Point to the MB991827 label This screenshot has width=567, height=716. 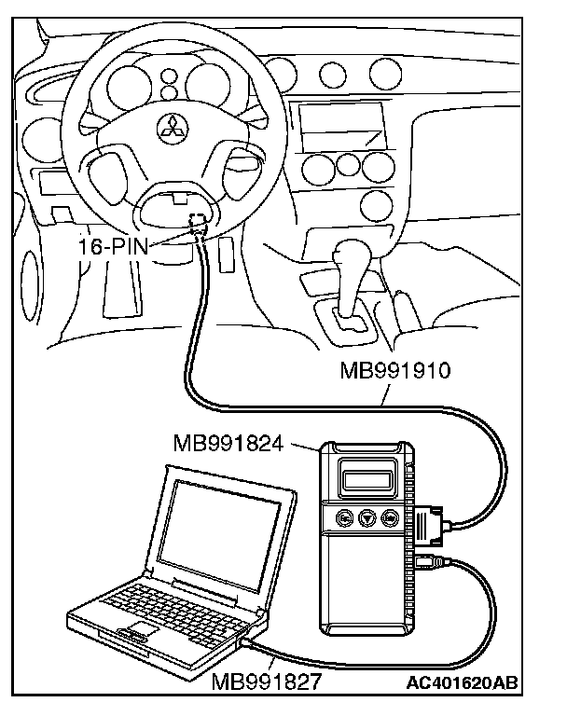[267, 682]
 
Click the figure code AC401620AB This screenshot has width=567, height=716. [464, 682]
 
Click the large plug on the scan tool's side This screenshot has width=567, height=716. [431, 528]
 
